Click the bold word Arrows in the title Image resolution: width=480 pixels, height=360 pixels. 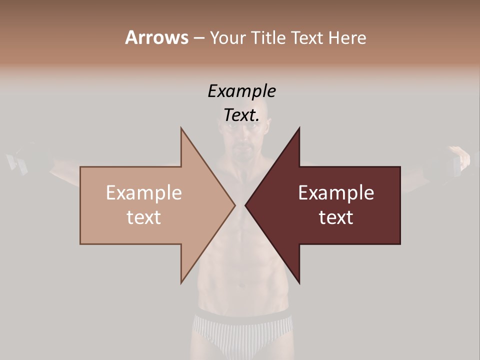(156, 37)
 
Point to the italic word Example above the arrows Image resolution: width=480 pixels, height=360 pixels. (241, 91)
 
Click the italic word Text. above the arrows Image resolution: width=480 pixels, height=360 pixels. (241, 115)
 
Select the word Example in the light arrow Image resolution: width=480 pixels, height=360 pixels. (144, 193)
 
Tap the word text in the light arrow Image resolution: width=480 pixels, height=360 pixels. (144, 217)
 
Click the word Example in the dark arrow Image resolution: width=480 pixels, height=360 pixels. (336, 193)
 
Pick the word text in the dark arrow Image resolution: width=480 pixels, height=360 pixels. (336, 217)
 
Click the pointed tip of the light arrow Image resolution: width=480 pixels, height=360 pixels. (234, 205)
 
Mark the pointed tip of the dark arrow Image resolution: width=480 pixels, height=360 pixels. (246, 205)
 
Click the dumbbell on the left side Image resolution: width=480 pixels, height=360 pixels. (22, 159)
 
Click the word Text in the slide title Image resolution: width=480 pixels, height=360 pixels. (307, 38)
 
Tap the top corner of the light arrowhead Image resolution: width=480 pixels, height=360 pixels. (181, 128)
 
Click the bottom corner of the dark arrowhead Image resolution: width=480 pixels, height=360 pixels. (299, 283)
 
